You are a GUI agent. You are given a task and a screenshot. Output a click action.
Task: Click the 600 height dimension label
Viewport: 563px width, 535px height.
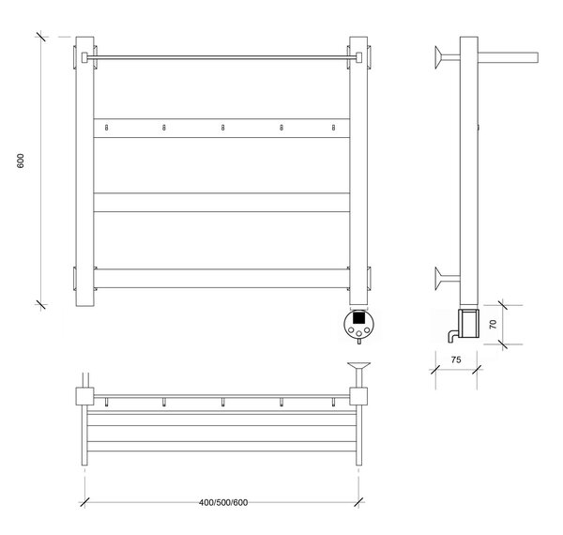tap(21, 160)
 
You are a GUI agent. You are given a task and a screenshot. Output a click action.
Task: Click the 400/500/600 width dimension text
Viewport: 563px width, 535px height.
tap(223, 502)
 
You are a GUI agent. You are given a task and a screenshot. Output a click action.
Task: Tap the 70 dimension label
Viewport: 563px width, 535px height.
tap(493, 324)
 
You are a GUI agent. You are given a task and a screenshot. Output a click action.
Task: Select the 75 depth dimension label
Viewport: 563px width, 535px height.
tap(456, 359)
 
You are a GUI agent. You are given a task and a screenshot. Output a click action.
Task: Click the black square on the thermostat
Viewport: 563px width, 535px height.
tap(359, 317)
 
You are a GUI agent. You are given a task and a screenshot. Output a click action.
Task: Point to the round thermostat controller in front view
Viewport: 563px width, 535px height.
tap(359, 324)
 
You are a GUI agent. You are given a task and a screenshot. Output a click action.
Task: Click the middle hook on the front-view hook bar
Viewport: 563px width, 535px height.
tap(222, 128)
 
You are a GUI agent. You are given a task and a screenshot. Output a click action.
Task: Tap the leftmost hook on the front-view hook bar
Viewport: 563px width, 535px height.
tap(106, 128)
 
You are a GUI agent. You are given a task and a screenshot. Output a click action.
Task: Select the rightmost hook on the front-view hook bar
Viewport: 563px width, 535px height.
tap(333, 128)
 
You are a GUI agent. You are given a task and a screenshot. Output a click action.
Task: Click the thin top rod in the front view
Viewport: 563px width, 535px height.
tap(221, 57)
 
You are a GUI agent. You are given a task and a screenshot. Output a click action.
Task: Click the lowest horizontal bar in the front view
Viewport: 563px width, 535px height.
tap(221, 278)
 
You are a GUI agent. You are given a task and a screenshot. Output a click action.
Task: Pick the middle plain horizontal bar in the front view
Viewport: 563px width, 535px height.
tap(221, 203)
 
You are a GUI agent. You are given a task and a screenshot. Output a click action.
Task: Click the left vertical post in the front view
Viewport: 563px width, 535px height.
tap(84, 171)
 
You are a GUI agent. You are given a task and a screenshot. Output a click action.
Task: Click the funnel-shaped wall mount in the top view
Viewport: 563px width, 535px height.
tap(358, 374)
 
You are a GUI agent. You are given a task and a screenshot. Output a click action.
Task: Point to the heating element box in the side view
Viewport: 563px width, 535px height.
tap(469, 324)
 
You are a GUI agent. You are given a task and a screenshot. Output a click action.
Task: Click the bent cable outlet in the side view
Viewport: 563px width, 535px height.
tap(453, 336)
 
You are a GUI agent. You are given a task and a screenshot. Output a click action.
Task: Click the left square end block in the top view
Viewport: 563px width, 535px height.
tap(84, 396)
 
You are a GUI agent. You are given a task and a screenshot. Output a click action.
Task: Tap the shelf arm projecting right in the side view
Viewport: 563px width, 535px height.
tap(508, 57)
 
